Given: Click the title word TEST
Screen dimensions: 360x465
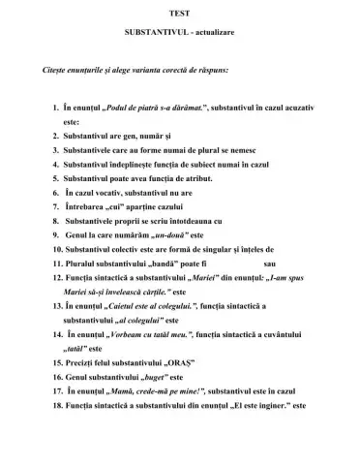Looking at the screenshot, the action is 179,11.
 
